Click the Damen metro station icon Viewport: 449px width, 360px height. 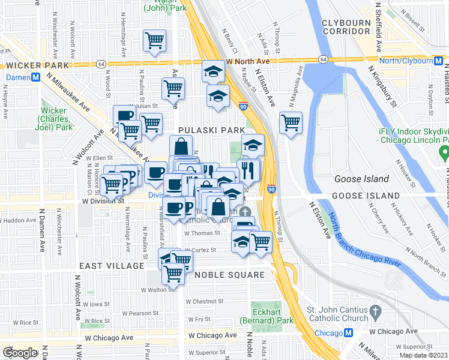click(x=36, y=77)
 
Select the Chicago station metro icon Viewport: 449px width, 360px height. click(x=349, y=334)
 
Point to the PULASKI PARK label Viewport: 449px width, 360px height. click(x=211, y=130)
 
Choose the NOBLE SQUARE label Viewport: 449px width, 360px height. click(x=231, y=275)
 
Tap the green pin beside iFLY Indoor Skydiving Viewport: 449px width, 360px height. click(x=444, y=154)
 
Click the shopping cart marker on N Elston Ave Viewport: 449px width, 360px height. click(x=291, y=123)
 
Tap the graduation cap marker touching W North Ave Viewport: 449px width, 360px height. click(x=213, y=72)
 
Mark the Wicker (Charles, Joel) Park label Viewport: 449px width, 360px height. click(x=57, y=119)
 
